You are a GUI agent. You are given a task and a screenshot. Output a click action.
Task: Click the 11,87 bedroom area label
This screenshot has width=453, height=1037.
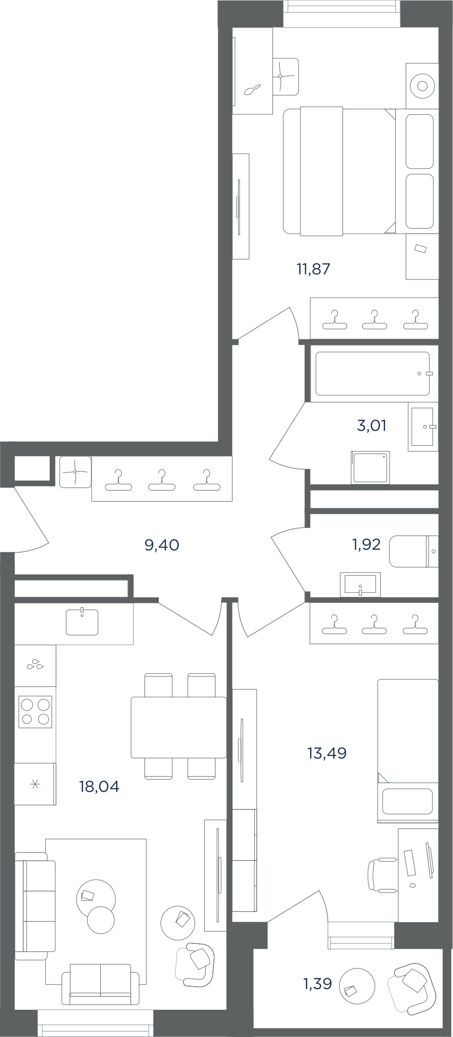tap(313, 269)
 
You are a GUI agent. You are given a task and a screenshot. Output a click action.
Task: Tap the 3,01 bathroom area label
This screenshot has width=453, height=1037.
tap(371, 426)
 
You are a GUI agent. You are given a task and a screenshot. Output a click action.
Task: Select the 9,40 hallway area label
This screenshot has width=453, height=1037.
tap(162, 545)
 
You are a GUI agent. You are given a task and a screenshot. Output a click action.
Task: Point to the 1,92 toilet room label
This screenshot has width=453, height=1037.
tap(366, 544)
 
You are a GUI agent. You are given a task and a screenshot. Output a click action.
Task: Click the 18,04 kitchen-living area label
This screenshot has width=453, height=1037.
tap(99, 786)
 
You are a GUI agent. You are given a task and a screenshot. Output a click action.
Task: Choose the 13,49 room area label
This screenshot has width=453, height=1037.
tap(327, 753)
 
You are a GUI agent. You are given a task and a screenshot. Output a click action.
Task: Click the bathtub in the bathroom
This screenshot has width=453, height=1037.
tap(372, 373)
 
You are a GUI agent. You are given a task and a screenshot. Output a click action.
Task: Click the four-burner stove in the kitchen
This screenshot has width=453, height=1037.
tap(35, 712)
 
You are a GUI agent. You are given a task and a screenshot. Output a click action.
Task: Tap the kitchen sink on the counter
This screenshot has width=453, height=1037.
tap(82, 622)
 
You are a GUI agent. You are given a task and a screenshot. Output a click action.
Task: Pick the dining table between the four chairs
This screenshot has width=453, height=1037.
tap(179, 727)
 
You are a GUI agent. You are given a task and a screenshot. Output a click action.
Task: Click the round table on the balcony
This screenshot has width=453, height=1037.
tap(357, 986)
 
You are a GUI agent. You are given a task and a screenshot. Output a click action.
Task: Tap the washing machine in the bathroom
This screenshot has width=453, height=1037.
tap(371, 467)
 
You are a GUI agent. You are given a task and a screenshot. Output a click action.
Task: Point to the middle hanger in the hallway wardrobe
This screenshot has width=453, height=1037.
tap(162, 479)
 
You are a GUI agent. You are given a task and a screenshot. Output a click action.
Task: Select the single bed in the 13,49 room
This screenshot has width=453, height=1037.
tap(408, 750)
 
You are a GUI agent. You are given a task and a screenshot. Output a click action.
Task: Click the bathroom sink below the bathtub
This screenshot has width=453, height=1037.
tap(423, 427)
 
